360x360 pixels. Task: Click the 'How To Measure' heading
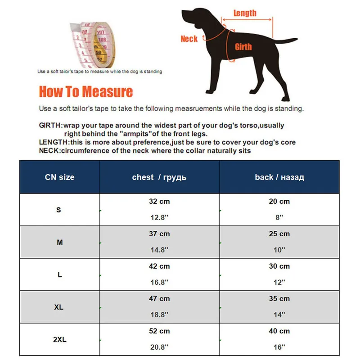tap(85, 92)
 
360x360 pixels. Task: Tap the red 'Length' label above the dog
tap(245, 13)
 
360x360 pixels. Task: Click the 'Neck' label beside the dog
tap(189, 39)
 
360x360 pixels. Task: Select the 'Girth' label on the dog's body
tap(243, 46)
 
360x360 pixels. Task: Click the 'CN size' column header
tap(59, 177)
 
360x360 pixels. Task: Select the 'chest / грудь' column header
tap(159, 177)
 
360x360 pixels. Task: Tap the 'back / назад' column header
tap(279, 177)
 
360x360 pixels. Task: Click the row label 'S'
tap(58, 210)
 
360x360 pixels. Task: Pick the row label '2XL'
tap(59, 340)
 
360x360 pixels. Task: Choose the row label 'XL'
tap(59, 307)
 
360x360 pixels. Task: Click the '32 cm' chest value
tap(159, 201)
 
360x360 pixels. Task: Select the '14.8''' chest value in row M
tap(159, 250)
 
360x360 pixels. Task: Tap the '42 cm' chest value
tap(159, 266)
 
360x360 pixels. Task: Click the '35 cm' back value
tap(279, 298)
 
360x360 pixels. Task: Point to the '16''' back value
tap(279, 347)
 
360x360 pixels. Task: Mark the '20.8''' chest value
tap(159, 347)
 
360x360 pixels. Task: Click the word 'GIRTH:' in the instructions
tap(50, 126)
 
